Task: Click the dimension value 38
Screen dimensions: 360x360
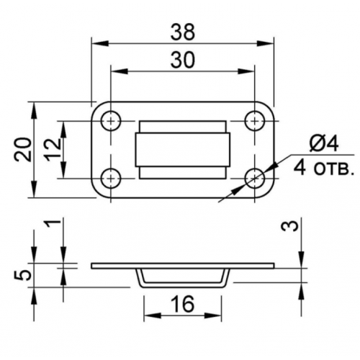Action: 183,32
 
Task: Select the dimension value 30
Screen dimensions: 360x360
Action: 183,60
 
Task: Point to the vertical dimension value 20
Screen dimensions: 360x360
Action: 23,150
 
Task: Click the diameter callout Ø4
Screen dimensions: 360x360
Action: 324,144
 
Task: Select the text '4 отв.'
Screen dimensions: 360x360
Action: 324,168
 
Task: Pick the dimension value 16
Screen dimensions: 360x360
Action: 183,305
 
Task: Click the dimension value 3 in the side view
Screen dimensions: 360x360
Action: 290,226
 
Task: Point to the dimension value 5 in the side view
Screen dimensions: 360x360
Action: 23,275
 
